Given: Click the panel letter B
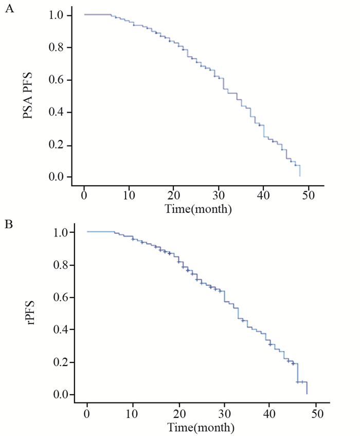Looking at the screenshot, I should pos(9,225).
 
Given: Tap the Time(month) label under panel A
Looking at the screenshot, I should pos(198,209).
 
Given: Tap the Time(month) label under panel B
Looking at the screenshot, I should pos(201,427).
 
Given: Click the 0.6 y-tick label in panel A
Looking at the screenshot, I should pos(57,80).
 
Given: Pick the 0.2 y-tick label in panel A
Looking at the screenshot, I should pos(57,145).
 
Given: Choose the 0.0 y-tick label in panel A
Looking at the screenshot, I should pos(57,177).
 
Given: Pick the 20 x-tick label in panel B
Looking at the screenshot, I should pos(179,414).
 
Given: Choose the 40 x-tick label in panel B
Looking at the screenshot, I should pos(271,414).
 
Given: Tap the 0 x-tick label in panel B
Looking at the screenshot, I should pos(87,414).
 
